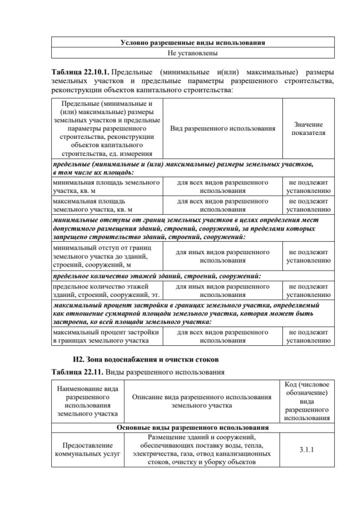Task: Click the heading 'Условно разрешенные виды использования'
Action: pyautogui.click(x=193, y=42)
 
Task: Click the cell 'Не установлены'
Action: pyautogui.click(x=193, y=53)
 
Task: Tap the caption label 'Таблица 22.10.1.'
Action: pyautogui.click(x=80, y=73)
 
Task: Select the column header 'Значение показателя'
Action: pyautogui.click(x=309, y=128)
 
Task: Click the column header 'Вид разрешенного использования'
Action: pyautogui.click(x=223, y=128)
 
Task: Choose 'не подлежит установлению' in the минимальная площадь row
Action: pyautogui.click(x=309, y=187)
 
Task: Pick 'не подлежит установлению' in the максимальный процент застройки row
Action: pyautogui.click(x=309, y=336)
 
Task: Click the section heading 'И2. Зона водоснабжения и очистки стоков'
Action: pyautogui.click(x=146, y=359)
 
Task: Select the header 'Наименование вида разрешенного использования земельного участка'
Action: pyautogui.click(x=87, y=402)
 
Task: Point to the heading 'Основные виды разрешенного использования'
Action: pyautogui.click(x=193, y=427)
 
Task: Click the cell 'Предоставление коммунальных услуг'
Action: pyautogui.click(x=87, y=450)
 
